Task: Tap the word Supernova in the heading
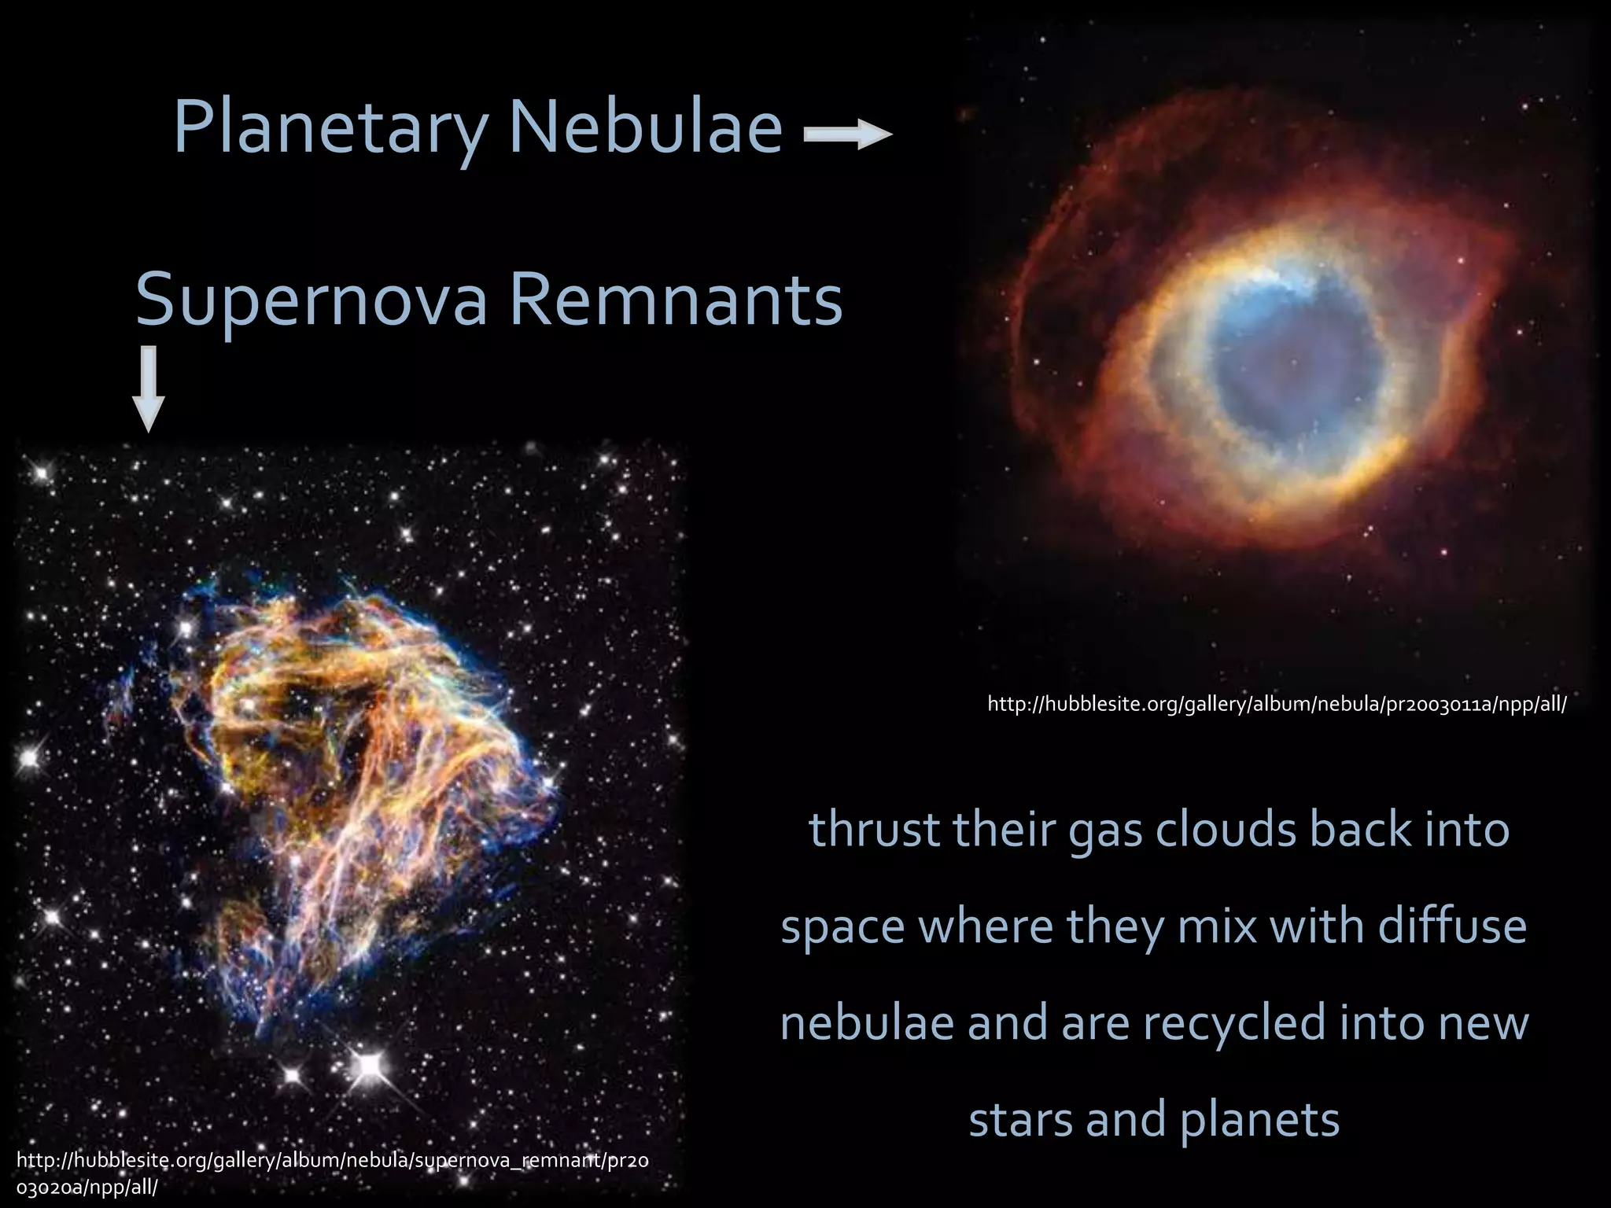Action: pyautogui.click(x=312, y=300)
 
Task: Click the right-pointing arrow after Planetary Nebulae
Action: pyautogui.click(x=848, y=134)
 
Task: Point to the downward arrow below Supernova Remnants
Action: pyautogui.click(x=148, y=389)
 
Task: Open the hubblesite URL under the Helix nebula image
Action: pyautogui.click(x=1277, y=704)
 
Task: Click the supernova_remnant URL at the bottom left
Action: pyautogui.click(x=332, y=1171)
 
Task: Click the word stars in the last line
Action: pyautogui.click(x=1020, y=1119)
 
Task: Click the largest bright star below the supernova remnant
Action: pyautogui.click(x=367, y=1066)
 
